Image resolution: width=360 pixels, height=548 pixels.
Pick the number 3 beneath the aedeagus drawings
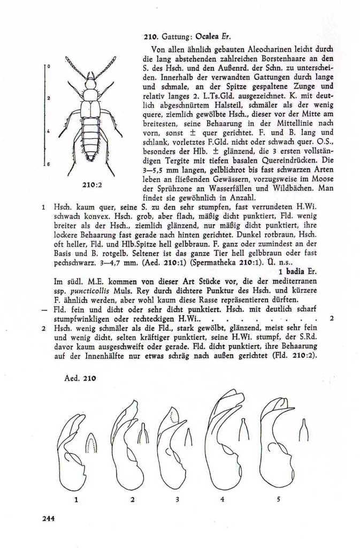tap(177, 500)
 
